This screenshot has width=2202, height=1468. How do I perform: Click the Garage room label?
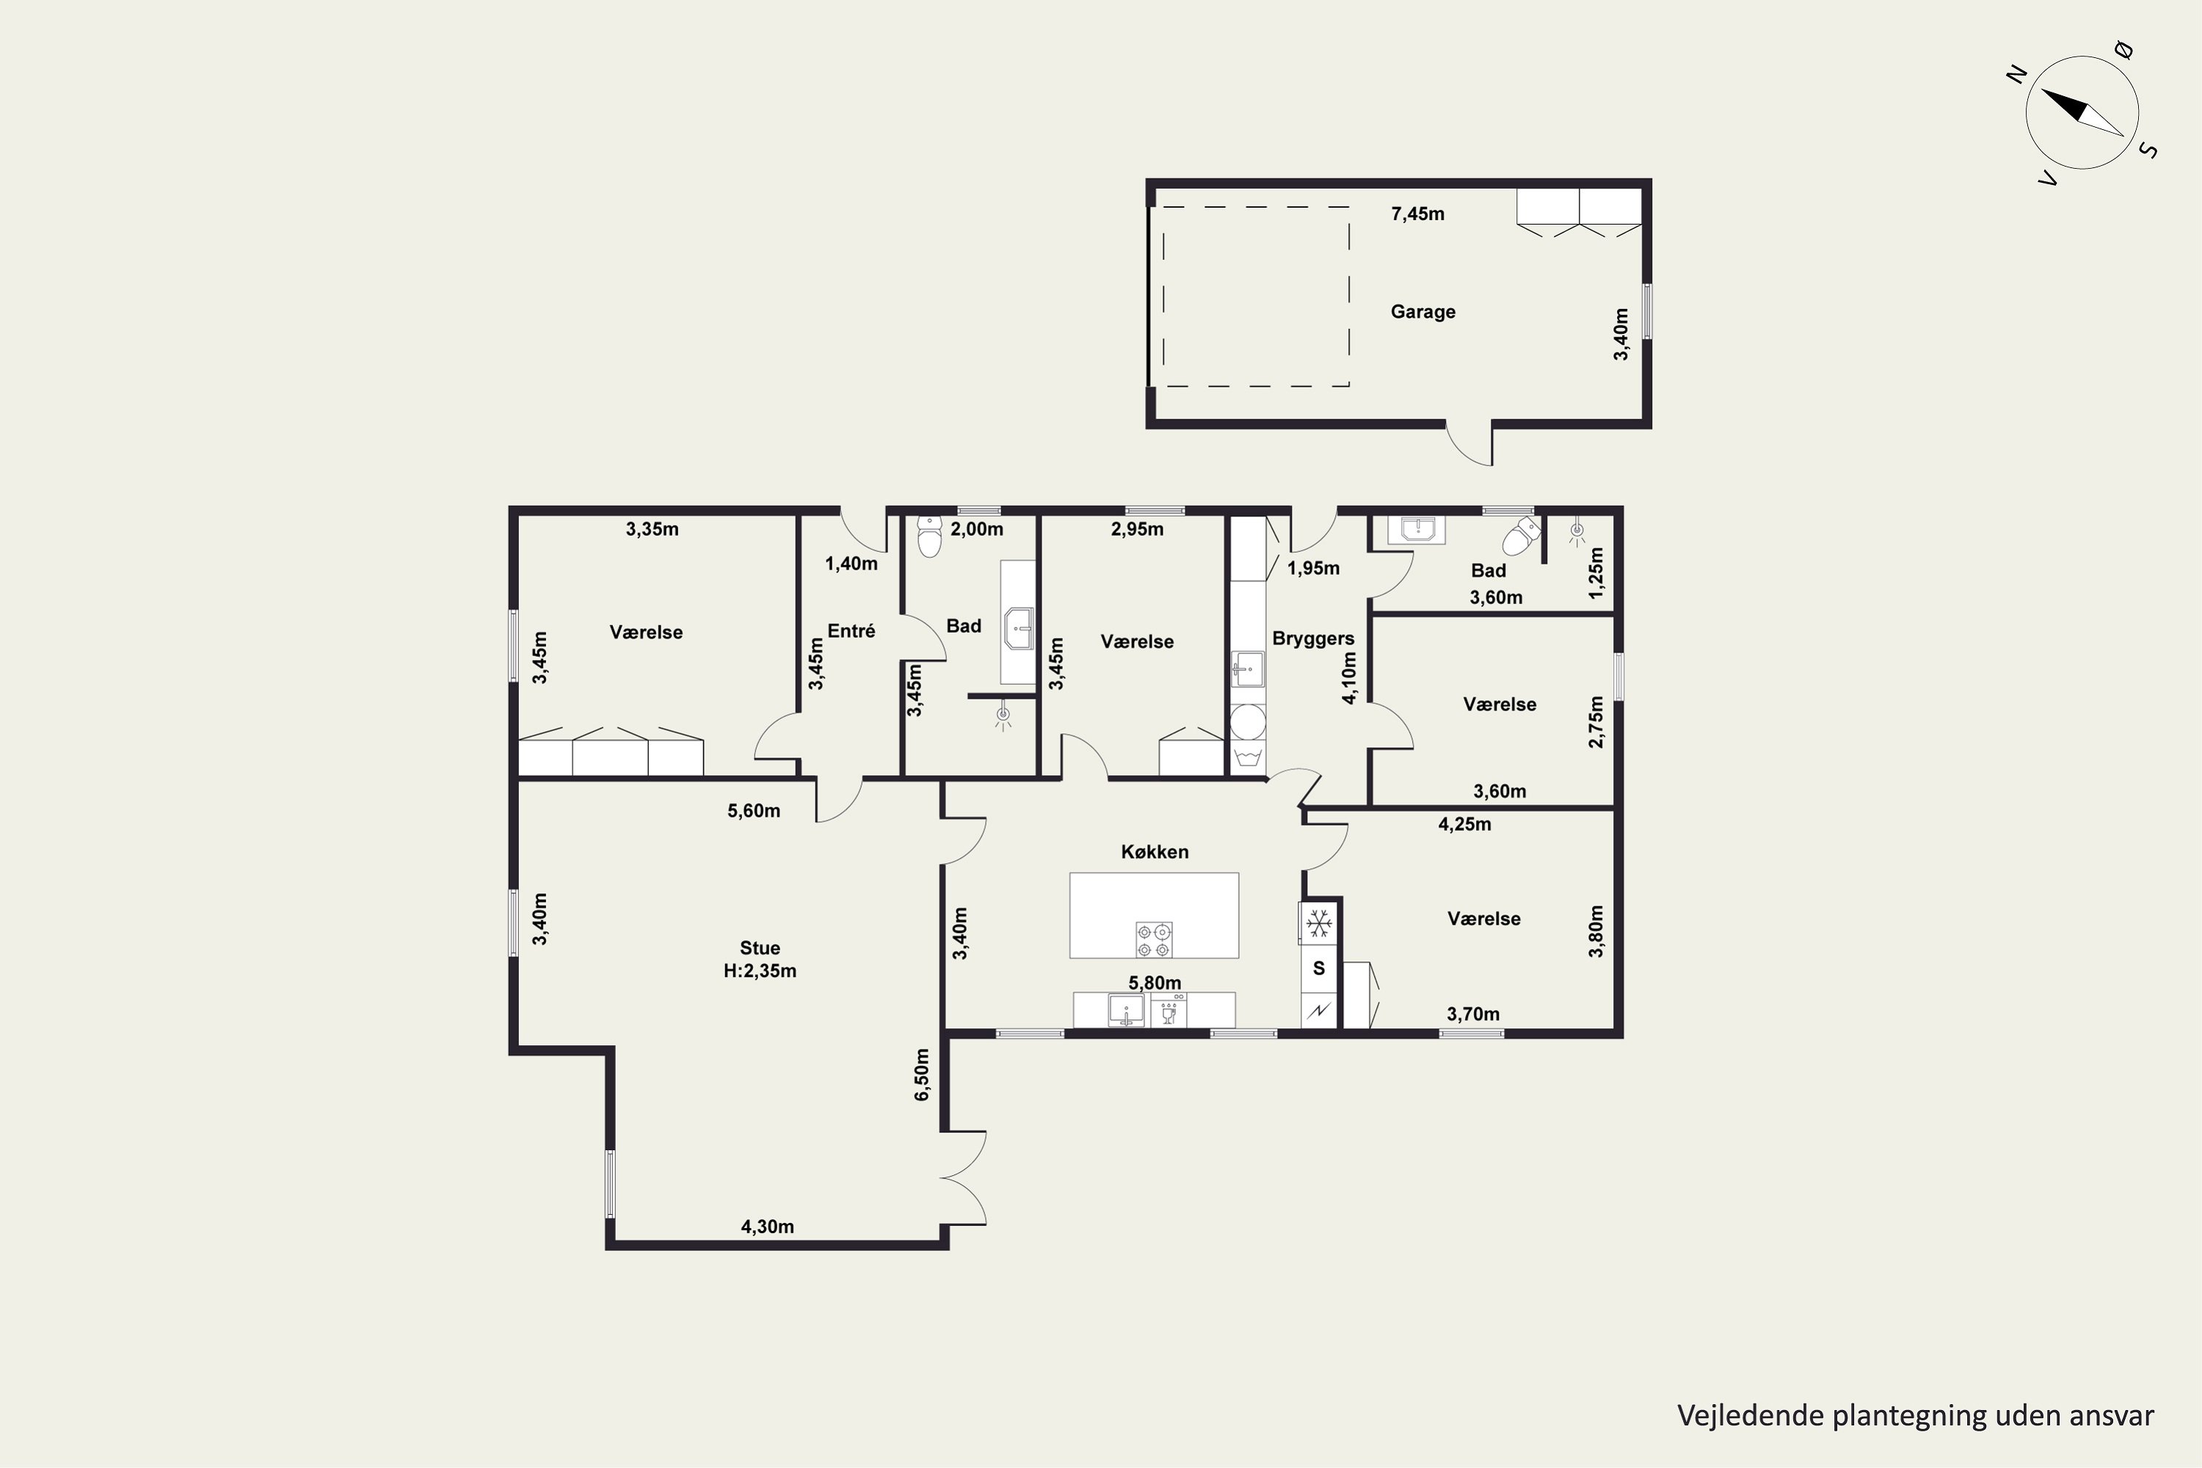(x=1422, y=312)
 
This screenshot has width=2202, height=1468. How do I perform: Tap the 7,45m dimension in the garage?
(x=1417, y=214)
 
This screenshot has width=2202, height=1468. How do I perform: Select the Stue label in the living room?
(x=759, y=948)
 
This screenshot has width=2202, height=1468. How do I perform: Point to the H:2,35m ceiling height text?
(x=759, y=971)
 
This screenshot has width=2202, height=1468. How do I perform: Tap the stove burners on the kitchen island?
(x=1153, y=940)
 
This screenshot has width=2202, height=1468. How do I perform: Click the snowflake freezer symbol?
(x=1319, y=924)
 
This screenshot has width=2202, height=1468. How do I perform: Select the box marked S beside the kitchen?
(x=1319, y=968)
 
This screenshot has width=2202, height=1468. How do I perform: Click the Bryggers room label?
(x=1312, y=639)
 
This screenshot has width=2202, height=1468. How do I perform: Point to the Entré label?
(x=851, y=631)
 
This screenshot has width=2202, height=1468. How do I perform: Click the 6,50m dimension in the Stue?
(x=921, y=1075)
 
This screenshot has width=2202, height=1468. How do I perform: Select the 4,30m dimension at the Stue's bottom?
(x=767, y=1227)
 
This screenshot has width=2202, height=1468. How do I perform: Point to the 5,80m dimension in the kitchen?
(x=1155, y=983)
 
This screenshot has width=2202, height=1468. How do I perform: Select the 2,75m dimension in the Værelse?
(x=1596, y=722)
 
